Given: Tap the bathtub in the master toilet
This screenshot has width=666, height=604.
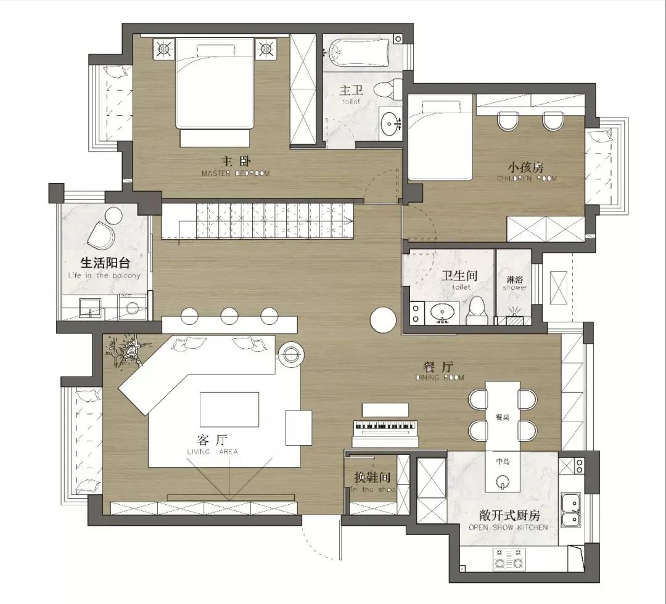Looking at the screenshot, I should coord(357,52).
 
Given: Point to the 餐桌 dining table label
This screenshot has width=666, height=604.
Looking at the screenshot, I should coord(502,417).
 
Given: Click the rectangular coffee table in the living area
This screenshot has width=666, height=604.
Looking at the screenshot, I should coord(229,409).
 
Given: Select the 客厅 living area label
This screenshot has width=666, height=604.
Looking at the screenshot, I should coord(212,441).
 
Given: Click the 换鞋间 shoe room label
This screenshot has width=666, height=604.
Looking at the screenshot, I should coord(372,478).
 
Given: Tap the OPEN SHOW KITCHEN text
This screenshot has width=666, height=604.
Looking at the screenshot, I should coord(508,528).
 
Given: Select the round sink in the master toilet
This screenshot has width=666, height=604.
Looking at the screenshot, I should coord(389,124).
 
